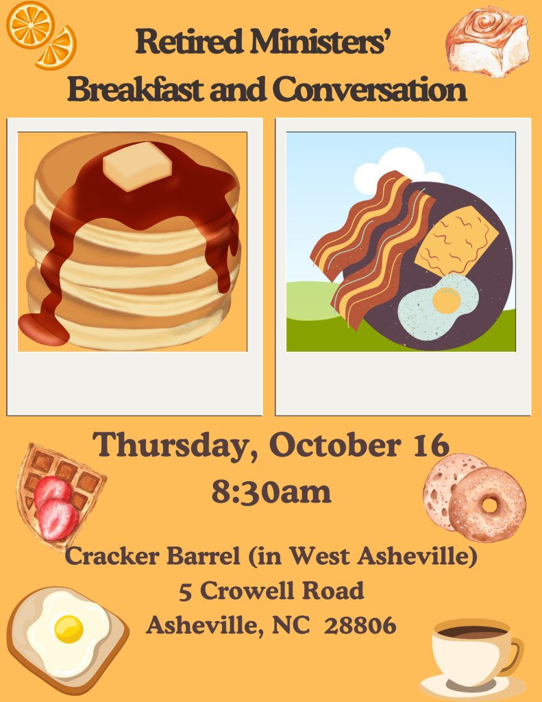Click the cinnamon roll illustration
coord(487,41)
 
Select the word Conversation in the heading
coord(369,89)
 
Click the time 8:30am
coord(271,492)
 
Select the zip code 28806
coord(360,625)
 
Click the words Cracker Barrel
coord(153,556)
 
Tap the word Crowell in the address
coord(249,590)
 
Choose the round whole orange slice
coord(30,24)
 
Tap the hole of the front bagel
coord(490,505)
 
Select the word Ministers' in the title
coord(318,41)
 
